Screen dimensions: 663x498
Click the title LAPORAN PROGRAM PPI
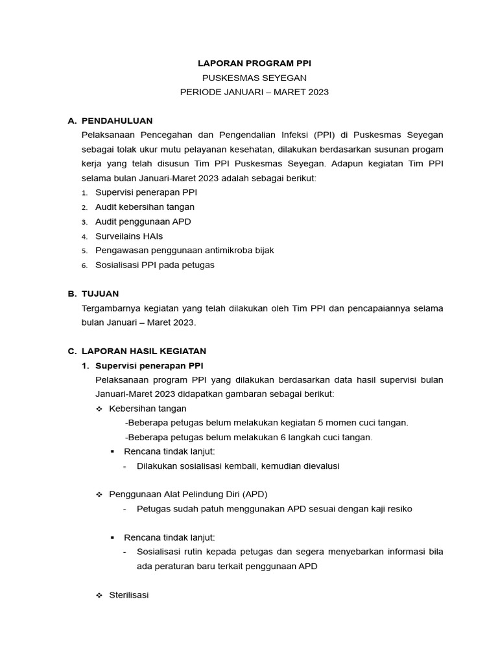tap(254, 63)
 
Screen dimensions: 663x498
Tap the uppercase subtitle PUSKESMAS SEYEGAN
tap(254, 78)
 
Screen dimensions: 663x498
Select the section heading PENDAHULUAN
tap(117, 120)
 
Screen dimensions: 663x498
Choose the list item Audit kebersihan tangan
tap(145, 207)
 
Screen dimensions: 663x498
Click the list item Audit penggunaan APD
tap(143, 221)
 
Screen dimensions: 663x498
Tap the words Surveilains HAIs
tap(130, 236)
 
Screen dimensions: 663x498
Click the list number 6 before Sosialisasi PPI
tap(84, 265)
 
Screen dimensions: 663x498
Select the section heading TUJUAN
tap(100, 293)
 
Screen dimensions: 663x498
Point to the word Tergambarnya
tap(110, 308)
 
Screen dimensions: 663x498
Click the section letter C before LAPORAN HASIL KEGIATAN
tap(72, 351)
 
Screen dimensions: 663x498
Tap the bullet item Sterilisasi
tap(129, 594)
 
